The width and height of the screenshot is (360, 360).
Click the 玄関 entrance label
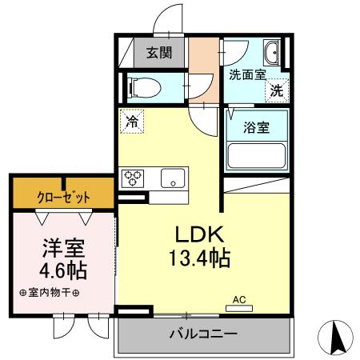coord(158,54)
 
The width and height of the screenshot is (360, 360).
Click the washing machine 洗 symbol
coord(275,90)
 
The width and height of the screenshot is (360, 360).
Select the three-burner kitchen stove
coord(133,177)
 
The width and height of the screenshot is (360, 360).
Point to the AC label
coord(238,300)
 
